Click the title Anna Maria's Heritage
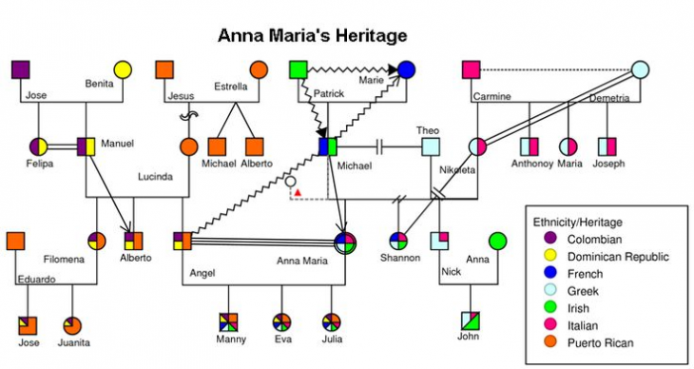click(x=312, y=36)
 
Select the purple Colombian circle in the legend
click(x=549, y=239)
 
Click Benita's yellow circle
click(x=123, y=69)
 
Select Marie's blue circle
click(x=406, y=69)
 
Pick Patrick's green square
click(x=298, y=69)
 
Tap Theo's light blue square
click(x=431, y=146)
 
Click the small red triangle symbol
click(x=298, y=193)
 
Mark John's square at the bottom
click(x=470, y=320)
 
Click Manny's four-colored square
click(x=228, y=320)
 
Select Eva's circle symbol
click(x=281, y=320)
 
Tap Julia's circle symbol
click(x=331, y=320)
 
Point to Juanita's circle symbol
click(x=72, y=324)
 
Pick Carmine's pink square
click(x=471, y=69)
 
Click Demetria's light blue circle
click(x=641, y=69)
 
